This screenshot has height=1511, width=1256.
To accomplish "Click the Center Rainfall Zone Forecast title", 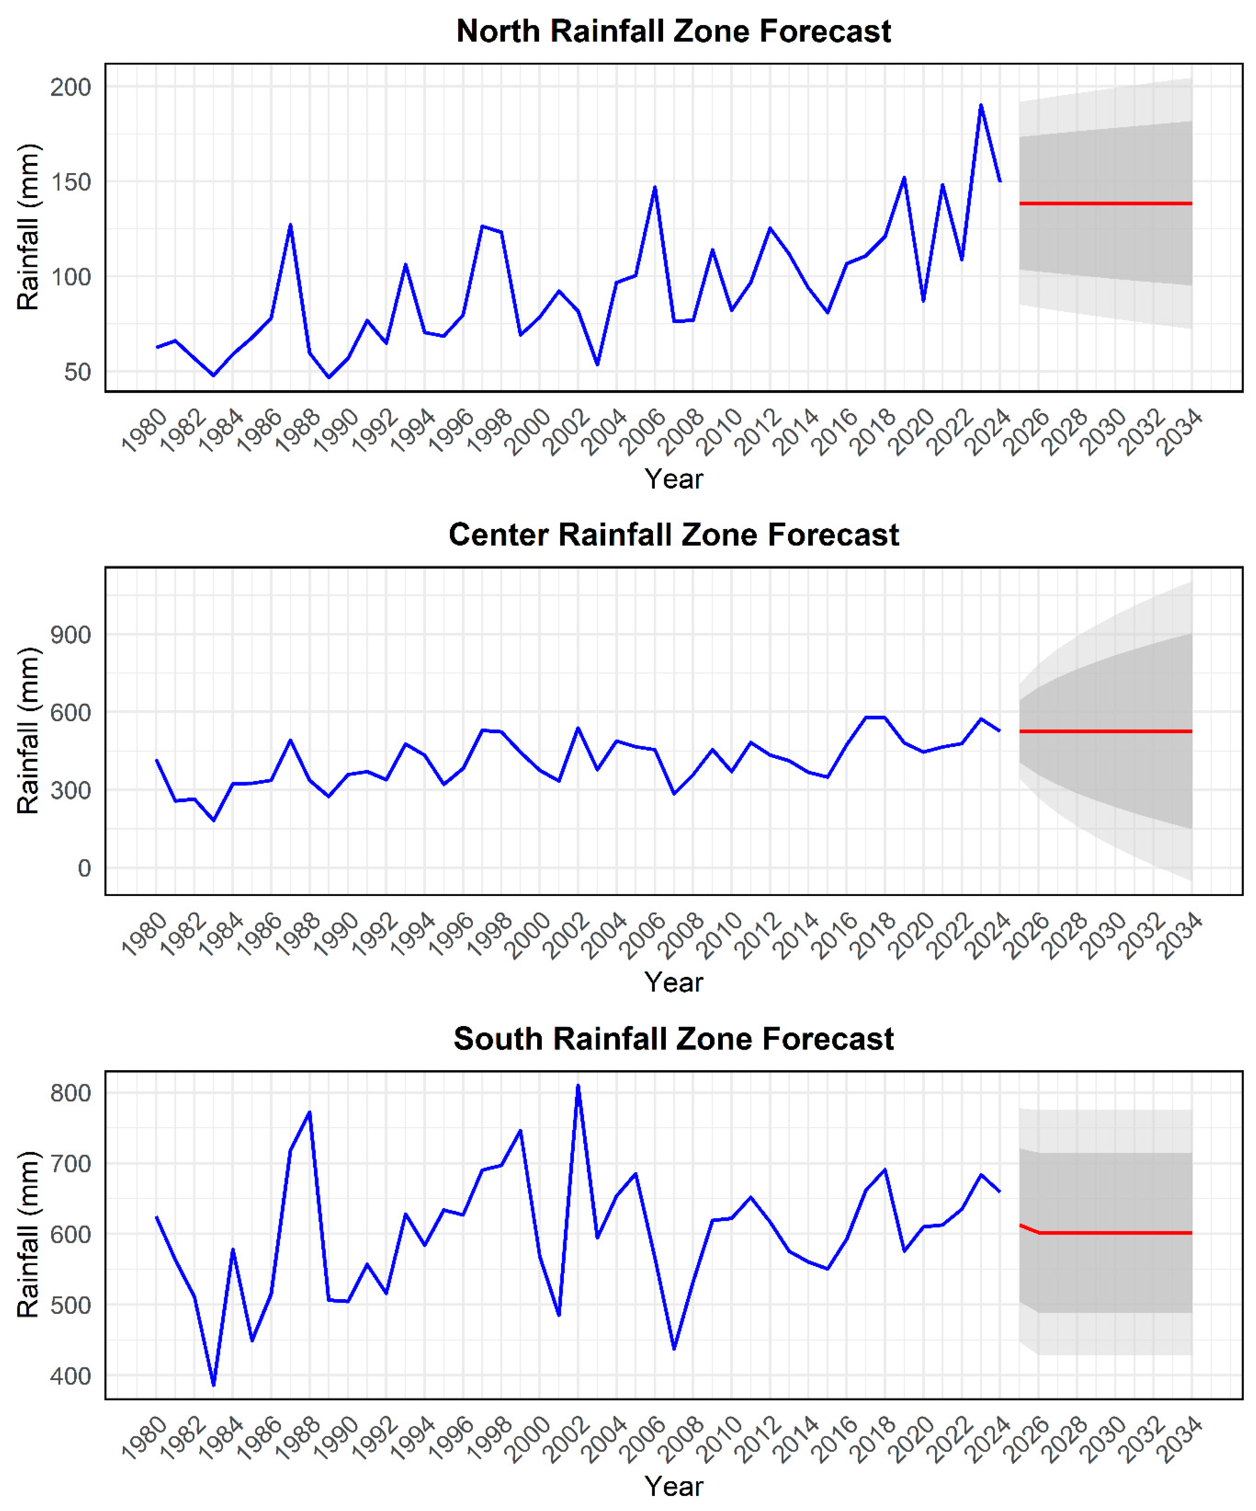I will (x=674, y=535).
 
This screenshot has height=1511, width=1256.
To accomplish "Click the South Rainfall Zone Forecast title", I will (x=674, y=1039).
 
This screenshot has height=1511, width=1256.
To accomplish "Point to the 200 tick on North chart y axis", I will (x=71, y=87).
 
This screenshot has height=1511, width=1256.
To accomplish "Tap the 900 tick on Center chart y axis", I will (x=71, y=634).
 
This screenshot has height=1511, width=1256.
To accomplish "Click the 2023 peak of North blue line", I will (x=980, y=105).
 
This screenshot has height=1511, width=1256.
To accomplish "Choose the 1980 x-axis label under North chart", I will (x=144, y=430).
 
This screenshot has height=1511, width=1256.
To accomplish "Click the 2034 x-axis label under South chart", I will (x=1179, y=1438).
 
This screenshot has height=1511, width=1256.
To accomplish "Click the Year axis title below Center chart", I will (x=674, y=982).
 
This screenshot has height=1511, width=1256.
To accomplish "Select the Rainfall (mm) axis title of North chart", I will (x=29, y=227).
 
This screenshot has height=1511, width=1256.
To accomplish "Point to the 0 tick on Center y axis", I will (x=84, y=868).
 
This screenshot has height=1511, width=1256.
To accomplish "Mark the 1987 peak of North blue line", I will (x=290, y=225).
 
